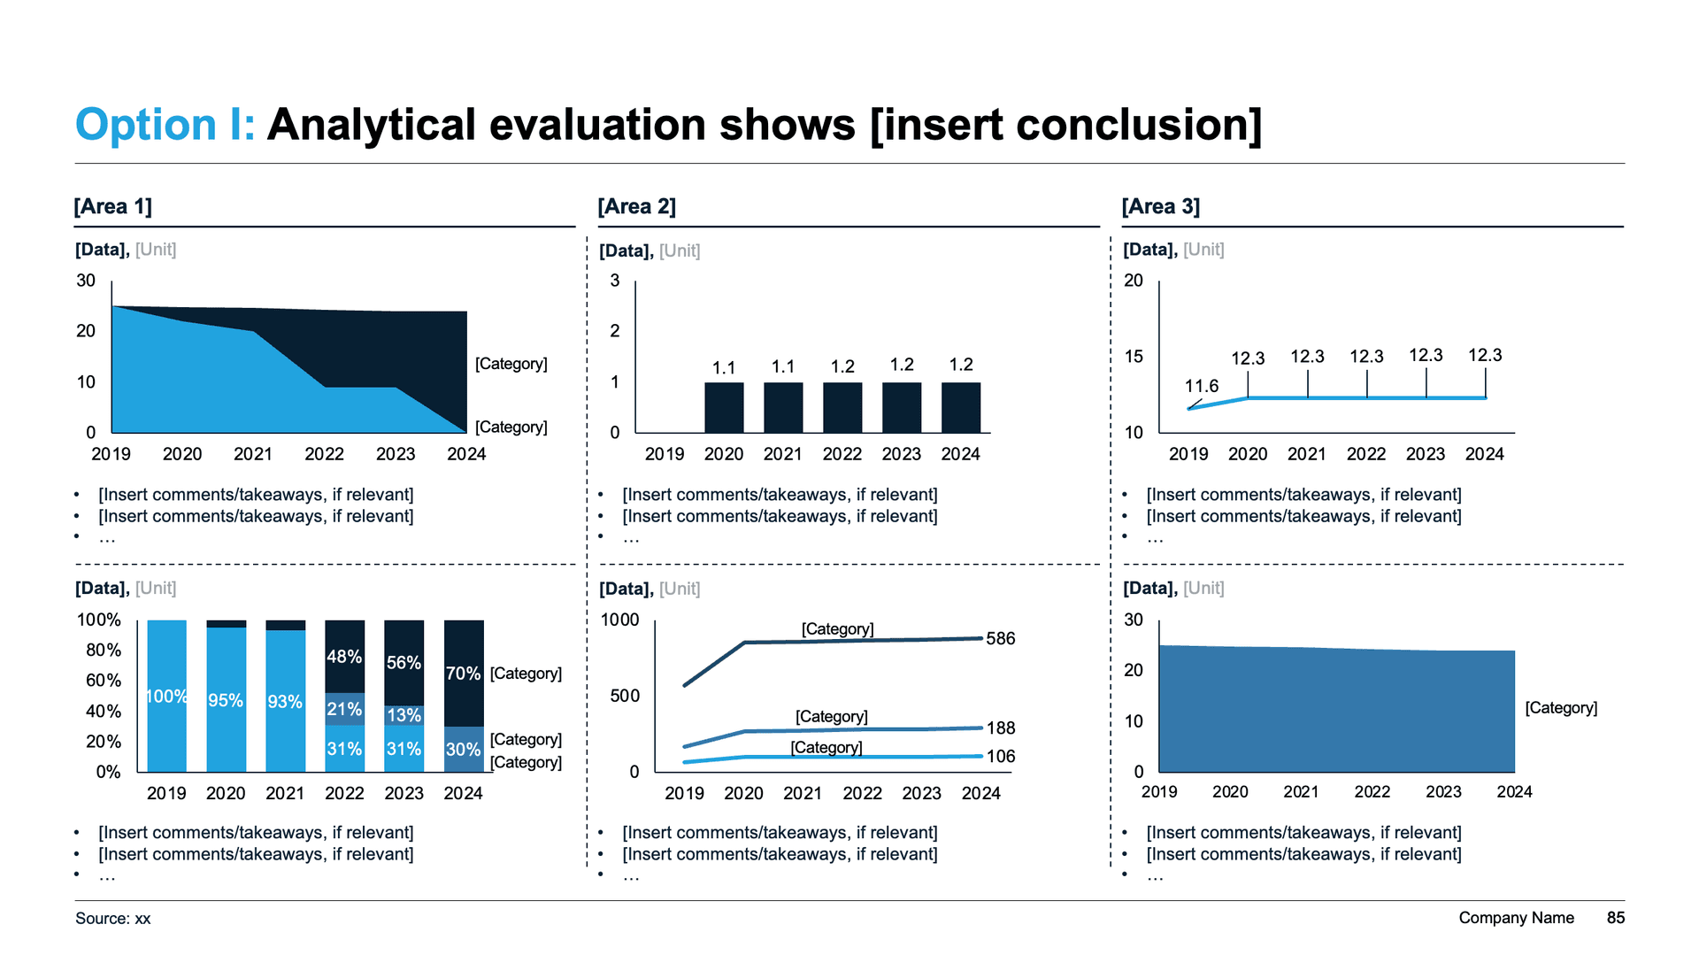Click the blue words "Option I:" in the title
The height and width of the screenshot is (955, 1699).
tap(165, 124)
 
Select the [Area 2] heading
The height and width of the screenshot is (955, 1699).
tap(636, 206)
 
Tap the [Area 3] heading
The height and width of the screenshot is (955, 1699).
tap(1160, 206)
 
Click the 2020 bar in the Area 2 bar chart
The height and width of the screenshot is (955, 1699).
tap(724, 407)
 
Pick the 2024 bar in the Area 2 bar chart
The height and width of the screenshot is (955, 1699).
tap(960, 407)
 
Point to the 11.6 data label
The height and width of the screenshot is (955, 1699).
tap(1201, 386)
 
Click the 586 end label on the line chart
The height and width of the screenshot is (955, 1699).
tap(1000, 638)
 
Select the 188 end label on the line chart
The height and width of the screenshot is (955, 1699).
tap(1000, 728)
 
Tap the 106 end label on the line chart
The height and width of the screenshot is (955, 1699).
tap(1000, 756)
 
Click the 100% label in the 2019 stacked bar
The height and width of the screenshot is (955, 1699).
tap(166, 697)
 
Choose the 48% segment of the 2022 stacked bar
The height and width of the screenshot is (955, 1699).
tap(344, 657)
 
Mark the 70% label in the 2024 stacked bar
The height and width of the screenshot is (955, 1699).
tap(463, 674)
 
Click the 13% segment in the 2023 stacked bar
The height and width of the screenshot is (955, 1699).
tap(404, 715)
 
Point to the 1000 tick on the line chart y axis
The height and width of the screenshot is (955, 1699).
tap(619, 620)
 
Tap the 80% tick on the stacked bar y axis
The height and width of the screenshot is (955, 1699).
tap(103, 650)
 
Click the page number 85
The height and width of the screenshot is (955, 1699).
tap(1615, 918)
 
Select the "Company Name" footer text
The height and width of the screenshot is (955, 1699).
tap(1516, 918)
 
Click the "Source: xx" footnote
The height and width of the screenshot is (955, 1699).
tap(113, 919)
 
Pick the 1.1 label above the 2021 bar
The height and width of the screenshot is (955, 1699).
tap(782, 366)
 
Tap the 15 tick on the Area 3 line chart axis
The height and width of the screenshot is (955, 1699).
tap(1133, 356)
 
